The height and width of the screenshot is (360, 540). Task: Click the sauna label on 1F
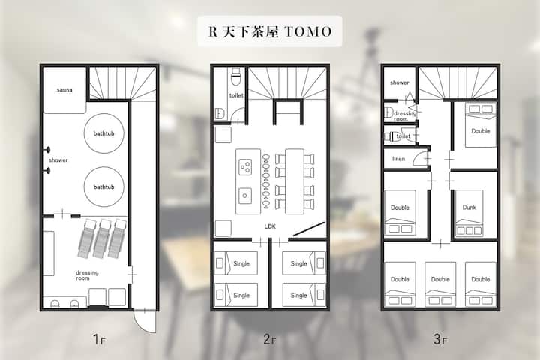coord(64,89)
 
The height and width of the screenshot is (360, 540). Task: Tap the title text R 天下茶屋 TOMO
coord(270,31)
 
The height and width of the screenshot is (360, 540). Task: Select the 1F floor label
coord(99,339)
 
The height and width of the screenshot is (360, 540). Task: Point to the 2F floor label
coord(270,339)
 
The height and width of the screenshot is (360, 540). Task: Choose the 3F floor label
coord(440,339)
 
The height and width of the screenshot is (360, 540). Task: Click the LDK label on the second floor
coord(270,226)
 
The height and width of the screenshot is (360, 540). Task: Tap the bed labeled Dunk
coord(469,213)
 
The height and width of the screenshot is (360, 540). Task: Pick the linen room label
coord(398,159)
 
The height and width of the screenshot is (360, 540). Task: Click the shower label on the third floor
coord(400,82)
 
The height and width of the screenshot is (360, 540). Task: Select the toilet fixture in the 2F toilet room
coord(236,76)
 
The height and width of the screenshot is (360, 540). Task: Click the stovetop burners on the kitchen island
coord(245,167)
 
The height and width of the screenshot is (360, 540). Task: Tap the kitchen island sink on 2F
coord(244,196)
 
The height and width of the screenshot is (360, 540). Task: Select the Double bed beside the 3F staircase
coord(481,125)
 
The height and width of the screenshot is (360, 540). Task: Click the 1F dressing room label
coord(87,275)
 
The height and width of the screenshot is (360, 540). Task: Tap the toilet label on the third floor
coord(403,136)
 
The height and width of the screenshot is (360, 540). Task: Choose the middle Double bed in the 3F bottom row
coord(440,283)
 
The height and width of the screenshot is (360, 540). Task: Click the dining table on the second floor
coord(295,181)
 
